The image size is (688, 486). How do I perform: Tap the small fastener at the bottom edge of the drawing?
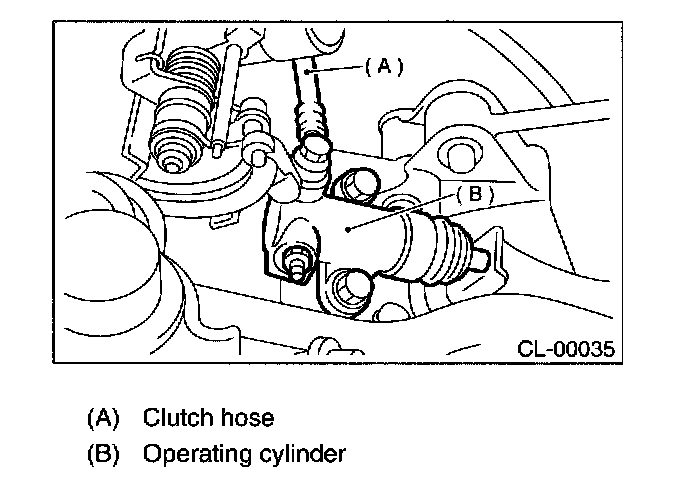pos(322,346)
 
